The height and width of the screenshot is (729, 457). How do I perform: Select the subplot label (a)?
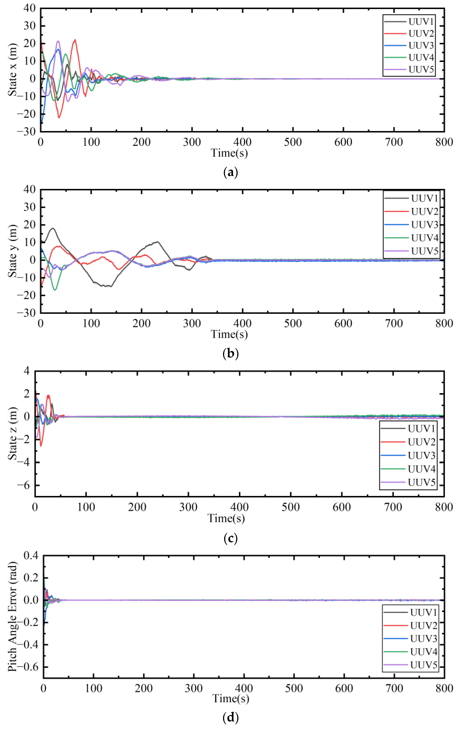click(x=230, y=172)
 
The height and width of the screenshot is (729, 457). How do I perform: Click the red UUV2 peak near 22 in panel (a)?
click(x=75, y=40)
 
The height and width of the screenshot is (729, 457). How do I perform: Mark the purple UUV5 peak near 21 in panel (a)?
click(x=58, y=41)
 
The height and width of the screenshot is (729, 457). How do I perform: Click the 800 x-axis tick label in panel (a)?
click(x=444, y=142)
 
